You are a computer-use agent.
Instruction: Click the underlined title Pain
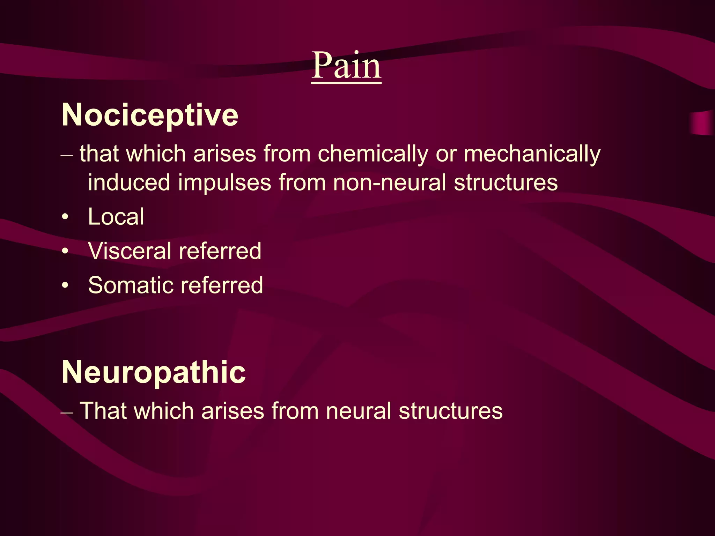[346, 65]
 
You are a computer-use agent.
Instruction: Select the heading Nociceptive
[150, 115]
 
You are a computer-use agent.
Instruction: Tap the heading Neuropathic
[154, 372]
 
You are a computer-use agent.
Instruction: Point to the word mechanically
[532, 154]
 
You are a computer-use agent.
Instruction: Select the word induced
[129, 183]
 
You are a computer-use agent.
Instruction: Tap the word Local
[116, 217]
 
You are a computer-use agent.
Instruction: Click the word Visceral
[130, 251]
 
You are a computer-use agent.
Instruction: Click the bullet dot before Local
[65, 217]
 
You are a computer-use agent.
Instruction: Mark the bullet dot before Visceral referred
[65, 251]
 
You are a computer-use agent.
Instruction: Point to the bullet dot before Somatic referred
[65, 285]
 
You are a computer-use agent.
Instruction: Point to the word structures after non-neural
[506, 183]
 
